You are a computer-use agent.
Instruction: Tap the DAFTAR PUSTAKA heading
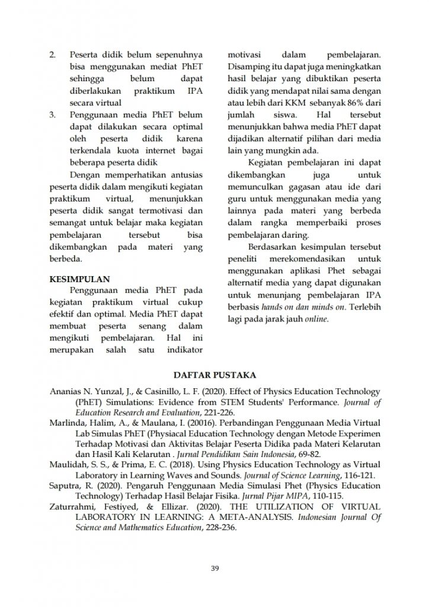214,375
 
